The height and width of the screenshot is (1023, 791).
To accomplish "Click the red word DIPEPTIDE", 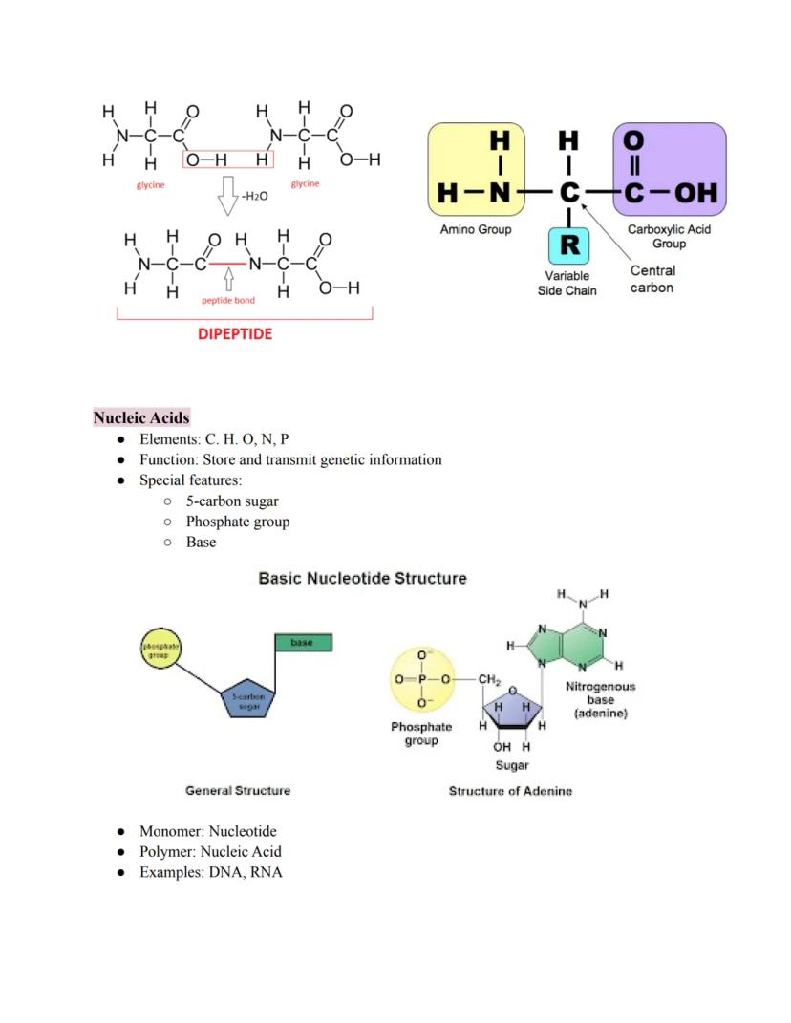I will click(235, 334).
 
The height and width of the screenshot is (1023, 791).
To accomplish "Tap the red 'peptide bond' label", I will click(228, 300).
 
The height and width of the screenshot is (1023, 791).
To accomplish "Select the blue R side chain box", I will click(569, 245).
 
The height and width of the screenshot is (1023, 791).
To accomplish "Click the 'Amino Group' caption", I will click(475, 230).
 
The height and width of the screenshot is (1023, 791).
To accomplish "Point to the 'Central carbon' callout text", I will click(652, 279).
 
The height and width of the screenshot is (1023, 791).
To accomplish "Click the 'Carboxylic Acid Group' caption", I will click(669, 236).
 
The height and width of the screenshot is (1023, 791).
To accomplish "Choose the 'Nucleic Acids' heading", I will click(141, 417).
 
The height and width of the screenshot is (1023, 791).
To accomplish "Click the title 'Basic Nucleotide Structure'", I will click(363, 578).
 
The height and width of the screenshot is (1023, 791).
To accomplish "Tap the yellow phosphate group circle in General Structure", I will click(160, 650).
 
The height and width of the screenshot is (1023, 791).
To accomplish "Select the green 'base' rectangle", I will click(303, 643).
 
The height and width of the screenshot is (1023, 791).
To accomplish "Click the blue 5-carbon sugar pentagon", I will click(247, 702).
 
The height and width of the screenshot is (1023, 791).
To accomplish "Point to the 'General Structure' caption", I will click(238, 790).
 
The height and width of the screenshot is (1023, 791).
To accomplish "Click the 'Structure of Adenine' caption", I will click(510, 791).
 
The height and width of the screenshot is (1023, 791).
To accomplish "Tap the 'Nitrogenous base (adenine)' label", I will click(600, 700).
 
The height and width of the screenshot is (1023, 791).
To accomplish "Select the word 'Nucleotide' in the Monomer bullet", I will click(243, 831).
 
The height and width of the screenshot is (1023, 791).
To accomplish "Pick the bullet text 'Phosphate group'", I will click(238, 522).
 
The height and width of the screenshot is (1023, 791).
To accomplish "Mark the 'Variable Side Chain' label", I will click(567, 283).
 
